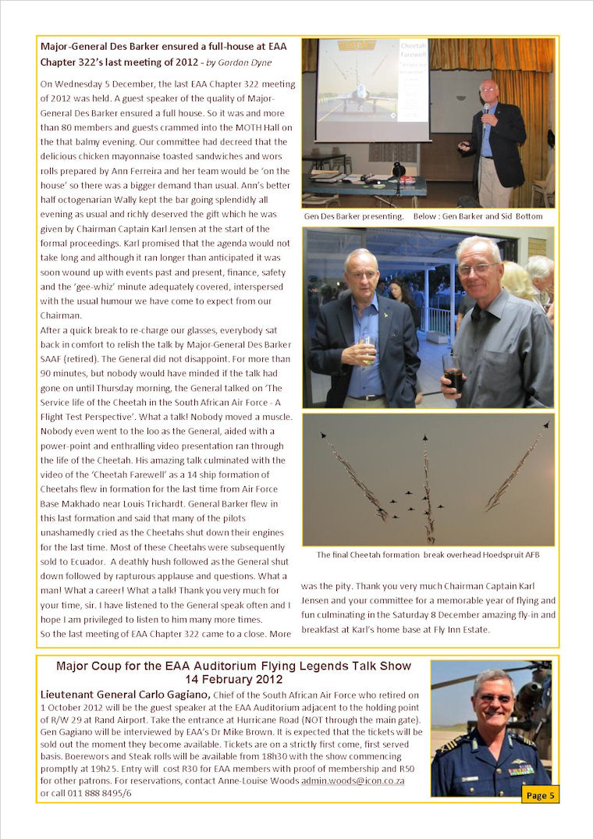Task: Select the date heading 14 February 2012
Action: click(x=233, y=680)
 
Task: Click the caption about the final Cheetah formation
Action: click(x=428, y=555)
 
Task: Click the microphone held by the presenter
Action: click(x=485, y=108)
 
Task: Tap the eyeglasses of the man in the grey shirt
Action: click(x=478, y=268)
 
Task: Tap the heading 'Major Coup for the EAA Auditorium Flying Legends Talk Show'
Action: click(x=233, y=666)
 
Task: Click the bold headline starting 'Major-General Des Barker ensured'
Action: click(x=166, y=47)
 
